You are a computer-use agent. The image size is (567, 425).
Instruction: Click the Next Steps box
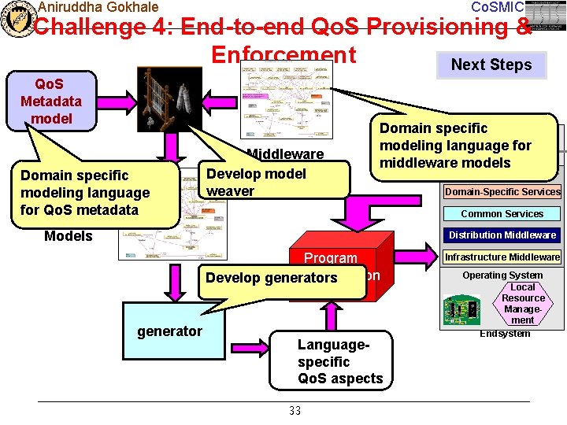tap(491, 65)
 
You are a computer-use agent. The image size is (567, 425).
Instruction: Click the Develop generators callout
tap(271, 278)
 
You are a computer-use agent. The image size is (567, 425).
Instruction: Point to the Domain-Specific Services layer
tap(502, 192)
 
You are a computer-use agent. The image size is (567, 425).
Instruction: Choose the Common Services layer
tap(502, 213)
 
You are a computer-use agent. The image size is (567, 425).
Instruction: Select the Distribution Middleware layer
tap(502, 235)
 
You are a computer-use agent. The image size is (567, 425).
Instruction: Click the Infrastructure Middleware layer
tap(502, 257)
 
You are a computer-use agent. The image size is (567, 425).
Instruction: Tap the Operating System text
tap(502, 275)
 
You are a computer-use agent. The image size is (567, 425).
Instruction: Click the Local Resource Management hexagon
tap(523, 304)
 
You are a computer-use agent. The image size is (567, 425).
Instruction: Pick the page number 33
tap(295, 411)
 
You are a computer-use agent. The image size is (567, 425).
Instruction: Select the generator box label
tap(169, 331)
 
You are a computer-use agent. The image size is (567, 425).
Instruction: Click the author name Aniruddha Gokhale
tap(98, 7)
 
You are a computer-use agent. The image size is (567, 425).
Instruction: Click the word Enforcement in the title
tap(283, 54)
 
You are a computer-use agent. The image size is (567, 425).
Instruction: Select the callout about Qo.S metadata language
tap(85, 193)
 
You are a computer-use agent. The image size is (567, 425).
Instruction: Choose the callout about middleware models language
tap(455, 146)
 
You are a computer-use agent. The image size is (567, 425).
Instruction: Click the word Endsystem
tap(505, 334)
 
